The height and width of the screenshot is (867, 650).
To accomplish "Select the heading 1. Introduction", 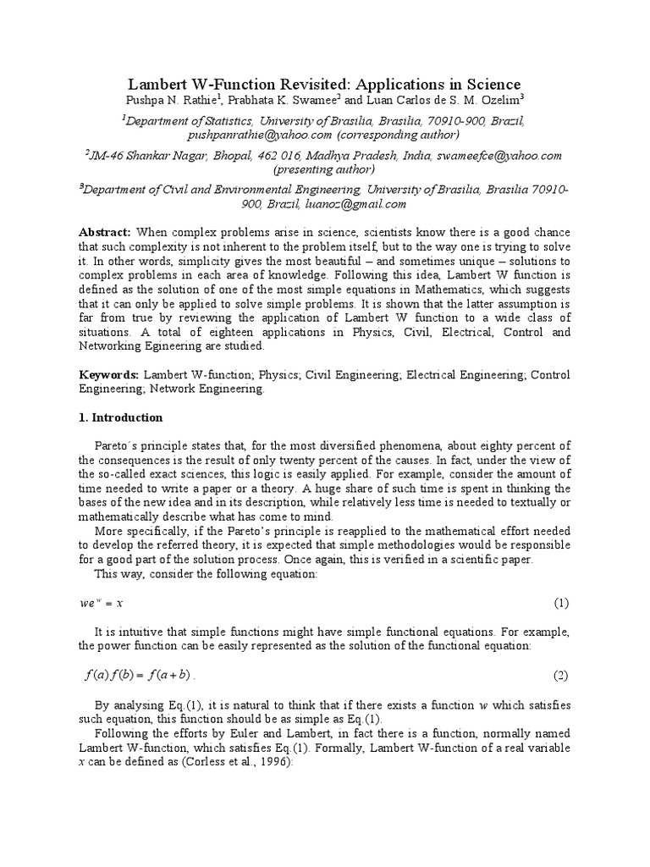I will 120,417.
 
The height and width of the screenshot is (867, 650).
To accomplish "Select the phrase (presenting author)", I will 325,169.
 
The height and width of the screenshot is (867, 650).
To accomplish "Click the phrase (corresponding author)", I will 399,135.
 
